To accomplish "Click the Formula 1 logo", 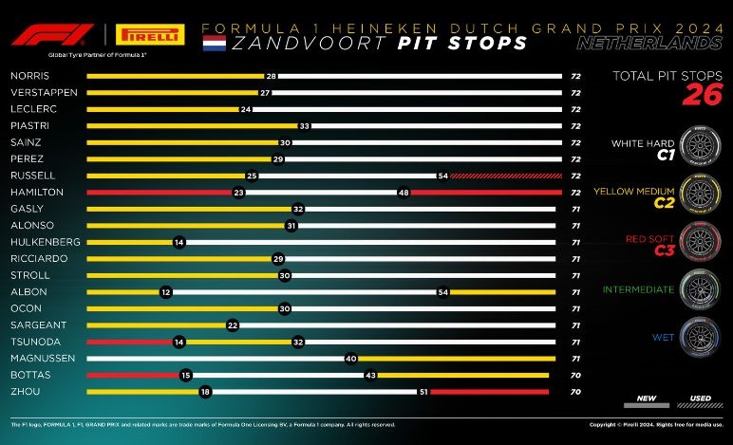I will (45, 36).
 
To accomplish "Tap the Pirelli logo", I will (147, 36).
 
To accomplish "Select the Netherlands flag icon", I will (216, 43).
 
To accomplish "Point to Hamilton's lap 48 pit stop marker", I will (404, 193).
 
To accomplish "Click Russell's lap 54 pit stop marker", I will (442, 176).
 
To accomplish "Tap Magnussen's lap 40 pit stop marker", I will (350, 359).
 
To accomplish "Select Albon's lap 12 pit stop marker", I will (166, 292).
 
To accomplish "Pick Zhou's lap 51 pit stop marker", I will (423, 392).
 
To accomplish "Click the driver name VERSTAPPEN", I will (37, 92).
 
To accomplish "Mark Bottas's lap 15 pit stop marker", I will (185, 375).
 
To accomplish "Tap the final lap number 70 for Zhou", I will (575, 392).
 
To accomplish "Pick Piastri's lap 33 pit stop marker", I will (305, 125).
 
